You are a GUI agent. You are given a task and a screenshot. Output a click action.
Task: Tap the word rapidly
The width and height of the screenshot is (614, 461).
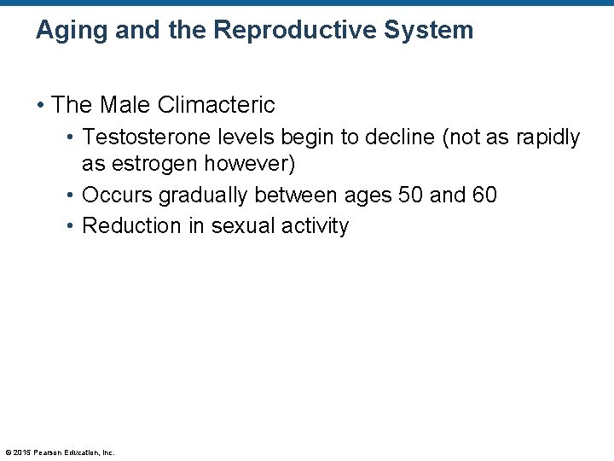click(546, 138)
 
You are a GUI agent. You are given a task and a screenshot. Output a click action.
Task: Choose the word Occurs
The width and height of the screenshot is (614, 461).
click(114, 195)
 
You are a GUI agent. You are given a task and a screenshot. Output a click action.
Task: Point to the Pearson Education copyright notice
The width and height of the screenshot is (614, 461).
click(60, 452)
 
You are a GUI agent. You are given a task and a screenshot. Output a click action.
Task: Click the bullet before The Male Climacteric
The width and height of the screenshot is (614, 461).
click(40, 106)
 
